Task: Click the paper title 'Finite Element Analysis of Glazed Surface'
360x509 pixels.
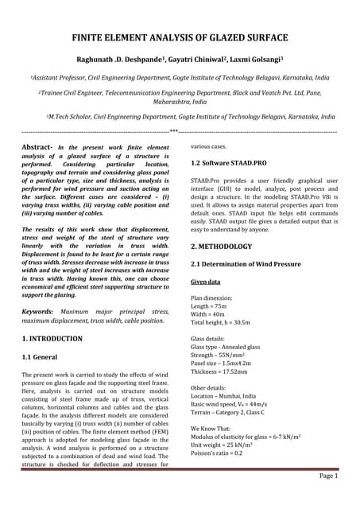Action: click(180, 37)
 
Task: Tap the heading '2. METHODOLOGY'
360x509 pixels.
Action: click(222, 247)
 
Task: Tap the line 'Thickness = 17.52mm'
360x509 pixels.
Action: click(219, 371)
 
